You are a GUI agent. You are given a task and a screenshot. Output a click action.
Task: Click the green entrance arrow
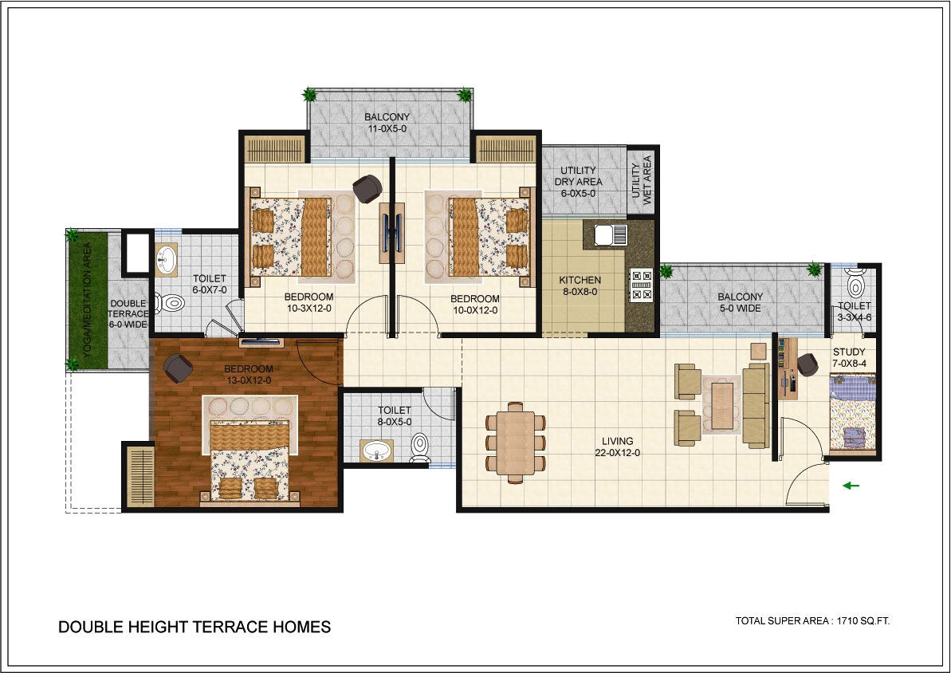tap(851, 485)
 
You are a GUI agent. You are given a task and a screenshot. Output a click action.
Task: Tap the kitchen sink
tap(610, 235)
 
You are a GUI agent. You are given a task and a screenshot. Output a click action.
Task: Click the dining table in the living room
tap(516, 443)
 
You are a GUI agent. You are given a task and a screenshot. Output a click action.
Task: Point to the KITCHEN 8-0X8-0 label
tap(580, 285)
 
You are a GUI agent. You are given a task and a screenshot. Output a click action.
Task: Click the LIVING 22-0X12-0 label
tap(618, 447)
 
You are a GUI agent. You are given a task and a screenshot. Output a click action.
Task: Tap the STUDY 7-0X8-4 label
tap(849, 357)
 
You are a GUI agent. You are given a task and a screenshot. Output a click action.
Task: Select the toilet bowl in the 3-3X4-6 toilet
tap(855, 285)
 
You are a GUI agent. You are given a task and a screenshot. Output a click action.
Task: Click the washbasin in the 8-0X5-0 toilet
tap(377, 451)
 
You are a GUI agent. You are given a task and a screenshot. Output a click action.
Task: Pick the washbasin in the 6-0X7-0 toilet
tap(165, 260)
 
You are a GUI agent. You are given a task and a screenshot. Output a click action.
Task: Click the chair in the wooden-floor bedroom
tap(178, 368)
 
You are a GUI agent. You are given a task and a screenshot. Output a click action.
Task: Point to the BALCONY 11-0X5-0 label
tap(387, 123)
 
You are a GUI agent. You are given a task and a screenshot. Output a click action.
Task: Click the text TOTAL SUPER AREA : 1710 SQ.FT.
tap(812, 621)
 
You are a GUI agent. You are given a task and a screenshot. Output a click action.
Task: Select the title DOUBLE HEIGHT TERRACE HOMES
tap(195, 627)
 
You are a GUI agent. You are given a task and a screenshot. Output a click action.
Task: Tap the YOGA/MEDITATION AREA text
tap(87, 299)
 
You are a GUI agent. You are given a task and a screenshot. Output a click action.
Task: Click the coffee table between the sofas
tap(721, 405)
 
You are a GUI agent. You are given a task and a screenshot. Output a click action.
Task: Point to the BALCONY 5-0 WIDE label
tap(741, 302)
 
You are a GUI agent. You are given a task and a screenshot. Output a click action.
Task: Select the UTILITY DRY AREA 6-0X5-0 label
tap(578, 182)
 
